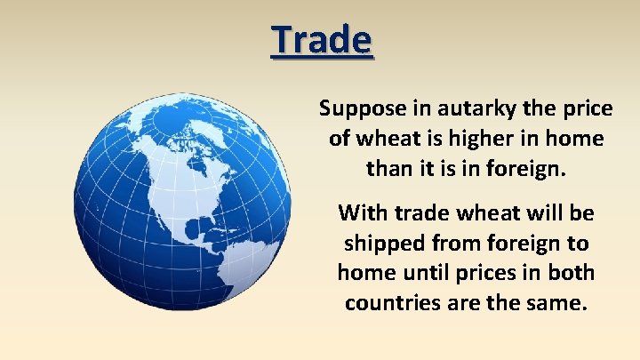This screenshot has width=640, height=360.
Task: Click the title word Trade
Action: pos(323,39)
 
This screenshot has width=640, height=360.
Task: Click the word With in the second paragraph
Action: pos(361,214)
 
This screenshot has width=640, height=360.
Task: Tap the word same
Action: pos(559,301)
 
